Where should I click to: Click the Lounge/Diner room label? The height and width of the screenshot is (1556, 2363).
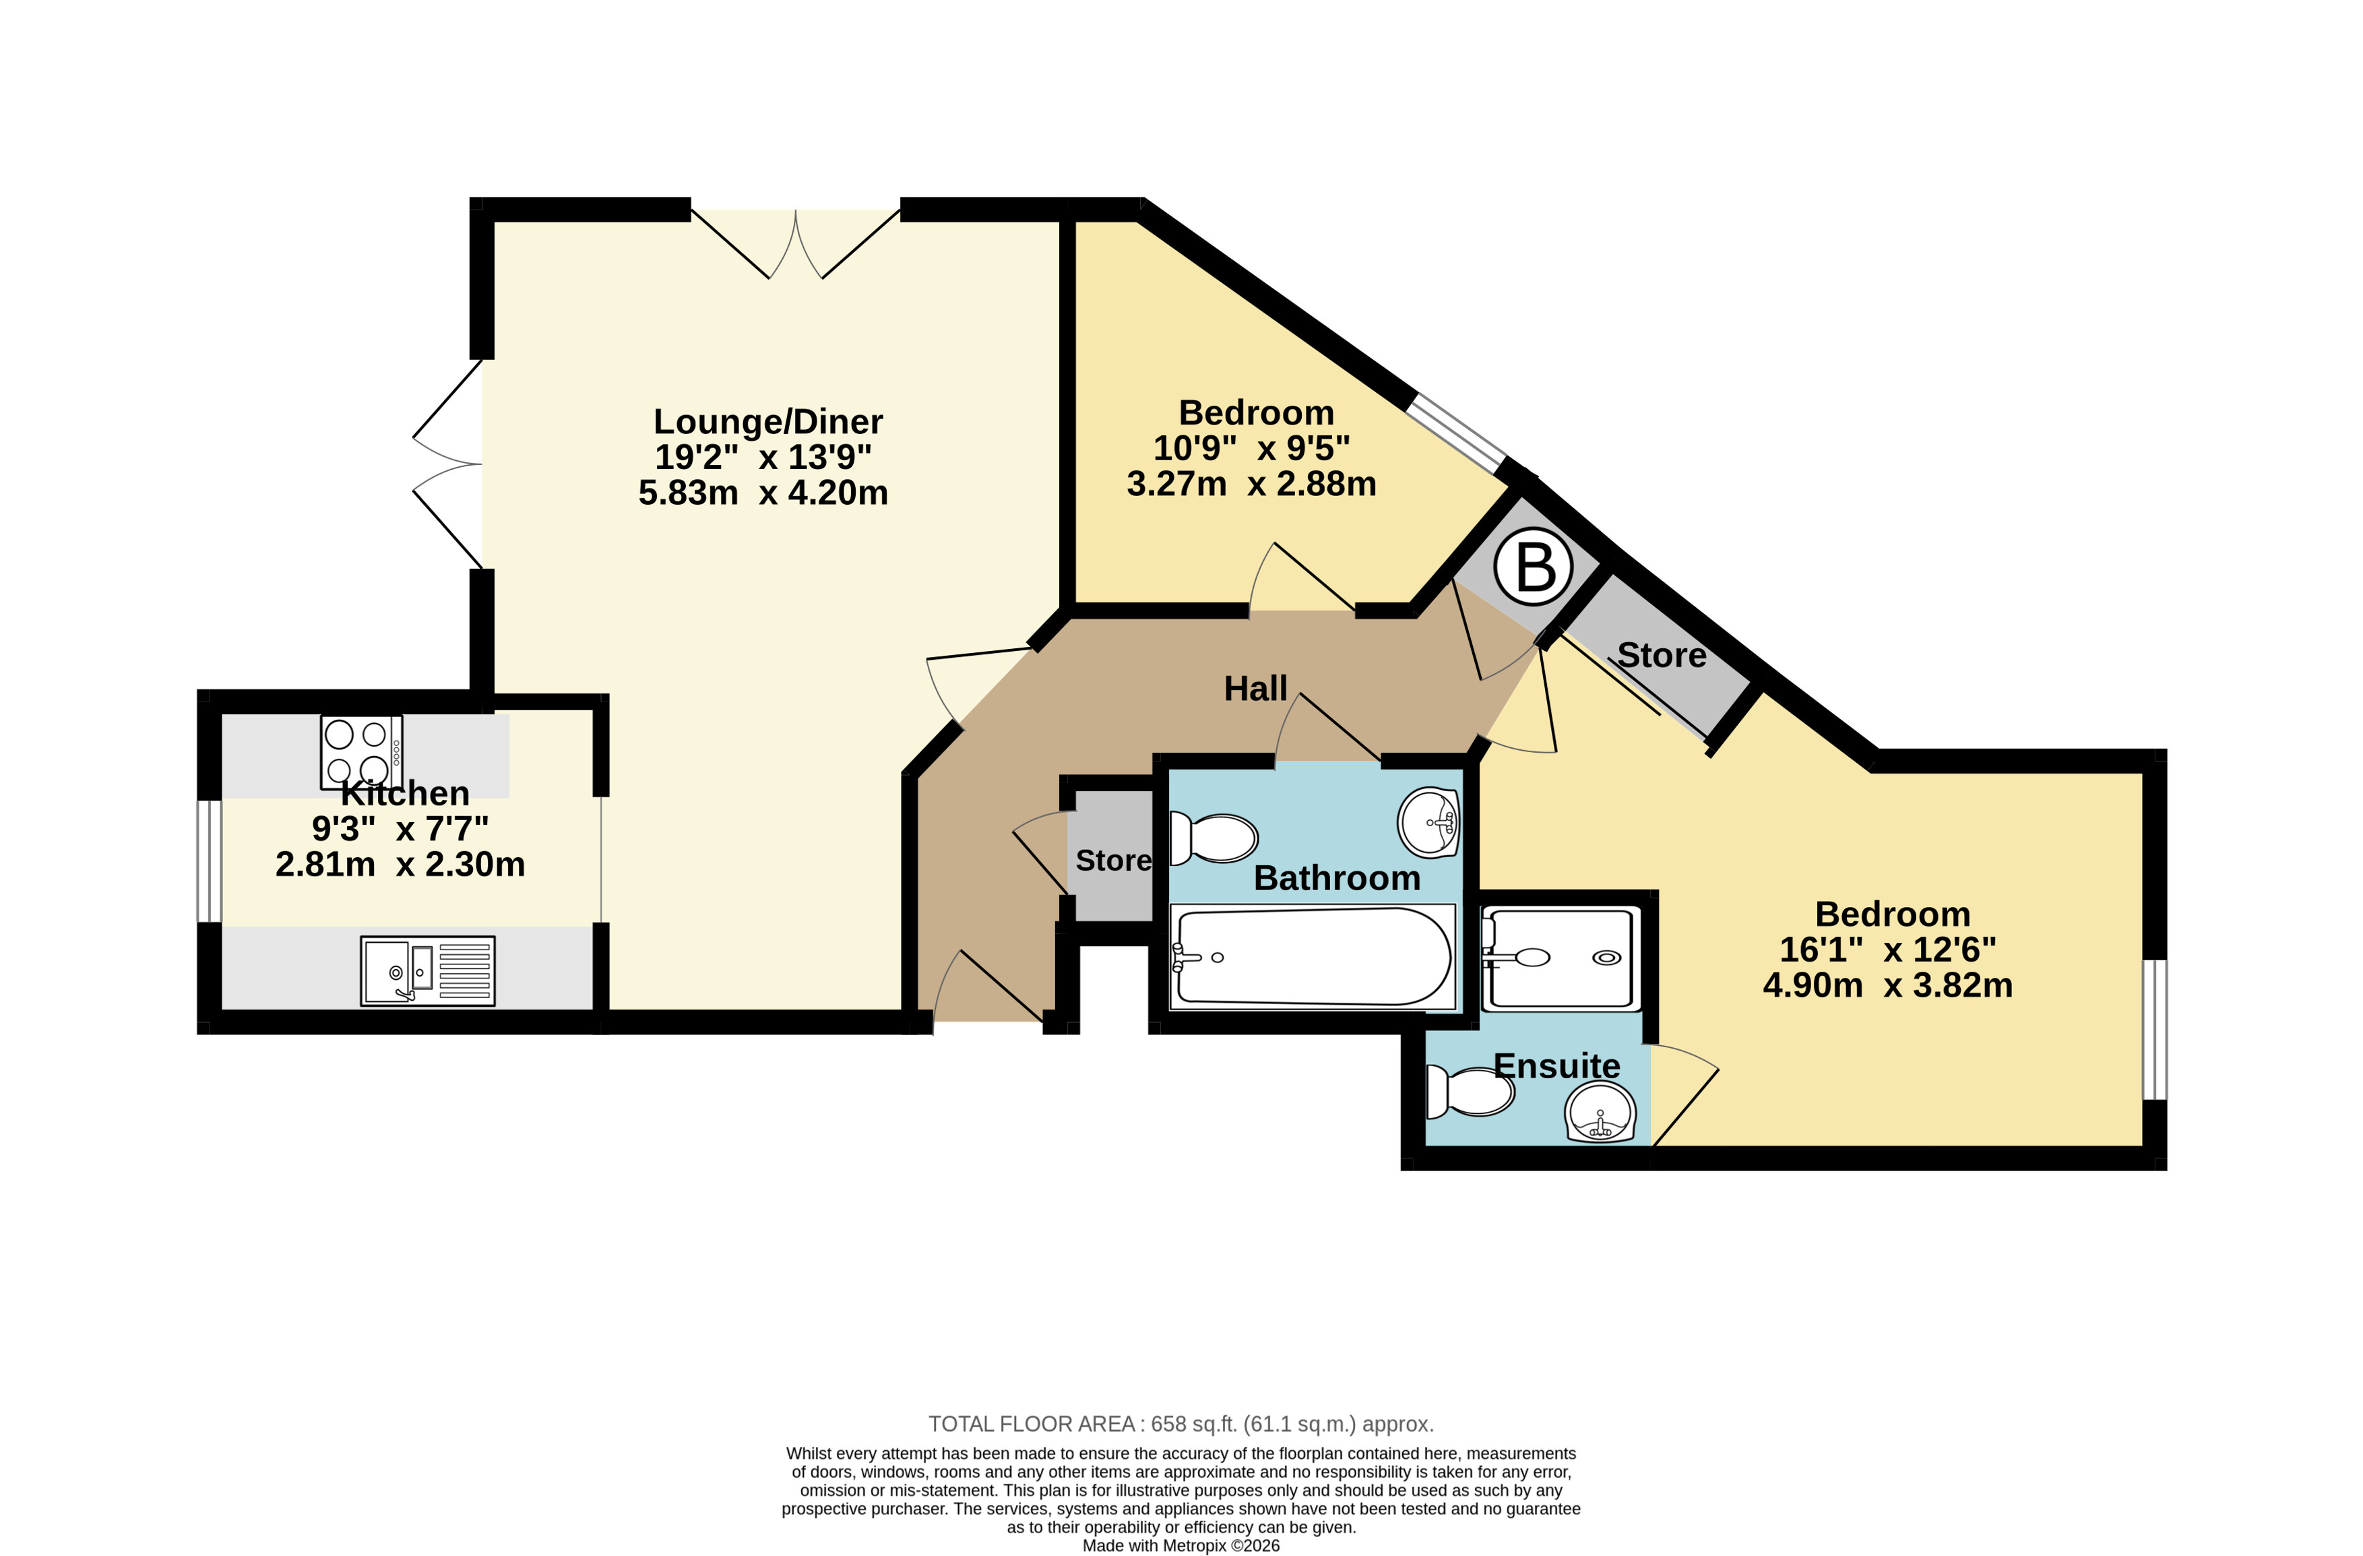[x=767, y=422]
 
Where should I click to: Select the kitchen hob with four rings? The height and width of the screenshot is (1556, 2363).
[x=361, y=751]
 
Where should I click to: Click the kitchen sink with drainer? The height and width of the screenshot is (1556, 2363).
[x=428, y=971]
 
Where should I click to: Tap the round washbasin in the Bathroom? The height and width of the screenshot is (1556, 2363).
[x=1428, y=822]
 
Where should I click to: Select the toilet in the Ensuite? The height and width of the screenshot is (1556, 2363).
[x=1470, y=1091]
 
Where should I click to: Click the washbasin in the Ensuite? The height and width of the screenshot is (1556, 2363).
[x=1600, y=1112]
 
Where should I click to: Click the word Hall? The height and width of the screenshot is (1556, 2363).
[x=1255, y=688]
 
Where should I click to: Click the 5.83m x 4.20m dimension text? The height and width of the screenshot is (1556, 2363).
[x=763, y=493]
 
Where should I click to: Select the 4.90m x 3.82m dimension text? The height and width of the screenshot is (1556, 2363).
[x=1887, y=985]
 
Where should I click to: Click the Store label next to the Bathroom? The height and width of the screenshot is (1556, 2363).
[x=1113, y=860]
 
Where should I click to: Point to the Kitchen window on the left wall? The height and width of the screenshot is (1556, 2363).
[x=208, y=861]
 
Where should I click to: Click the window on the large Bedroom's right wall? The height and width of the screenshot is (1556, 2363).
[x=2155, y=1029]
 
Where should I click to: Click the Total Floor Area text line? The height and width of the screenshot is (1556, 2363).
[x=1180, y=1424]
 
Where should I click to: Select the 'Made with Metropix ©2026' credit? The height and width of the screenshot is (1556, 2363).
[x=1180, y=1545]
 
